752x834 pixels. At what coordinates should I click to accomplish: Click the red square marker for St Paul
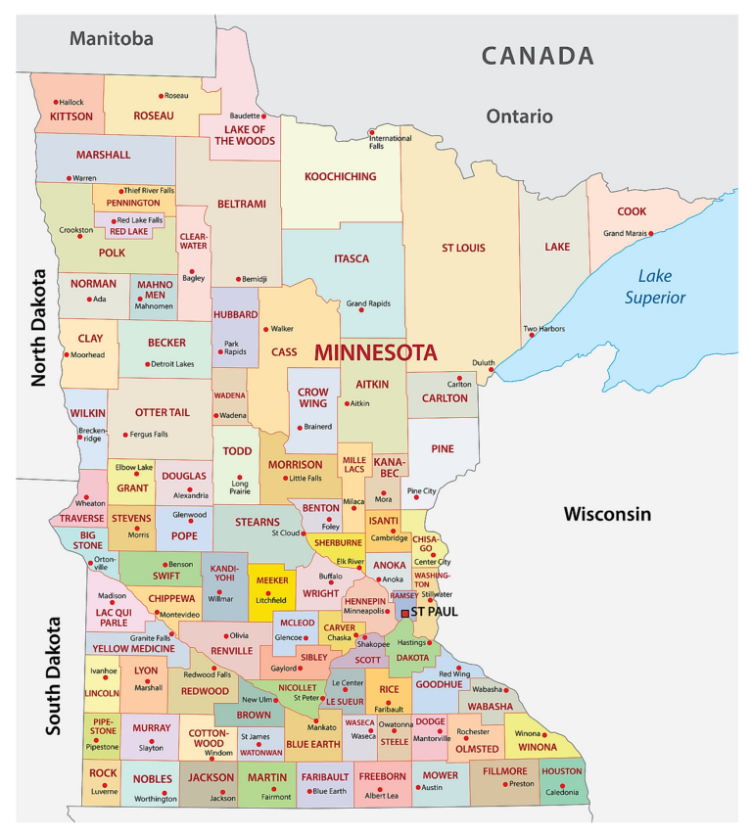pos(404,613)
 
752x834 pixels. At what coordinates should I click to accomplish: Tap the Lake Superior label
pos(655,287)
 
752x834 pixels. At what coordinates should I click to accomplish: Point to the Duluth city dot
pos(492,369)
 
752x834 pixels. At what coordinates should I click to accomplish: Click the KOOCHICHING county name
pos(341,177)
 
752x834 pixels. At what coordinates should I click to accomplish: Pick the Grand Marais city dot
pos(651,233)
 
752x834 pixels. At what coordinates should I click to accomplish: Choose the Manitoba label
pos(111,39)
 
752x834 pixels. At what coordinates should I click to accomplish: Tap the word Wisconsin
pos(607,514)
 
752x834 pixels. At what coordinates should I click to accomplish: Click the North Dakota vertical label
pos(40,328)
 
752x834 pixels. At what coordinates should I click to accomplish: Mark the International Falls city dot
pos(371,132)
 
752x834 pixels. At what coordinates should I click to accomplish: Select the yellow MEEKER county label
pos(272,580)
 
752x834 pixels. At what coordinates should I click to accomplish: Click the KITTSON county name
pos(71,116)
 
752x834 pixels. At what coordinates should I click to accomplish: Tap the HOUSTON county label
pos(562,771)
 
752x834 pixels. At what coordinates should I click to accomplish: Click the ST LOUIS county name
pos(463,248)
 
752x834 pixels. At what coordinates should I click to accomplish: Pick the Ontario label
pos(519,116)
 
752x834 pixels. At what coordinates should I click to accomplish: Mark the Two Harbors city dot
pos(533,336)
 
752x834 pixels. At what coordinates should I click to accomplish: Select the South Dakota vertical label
pos(54,675)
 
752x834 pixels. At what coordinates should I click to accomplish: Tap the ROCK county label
pos(103,773)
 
